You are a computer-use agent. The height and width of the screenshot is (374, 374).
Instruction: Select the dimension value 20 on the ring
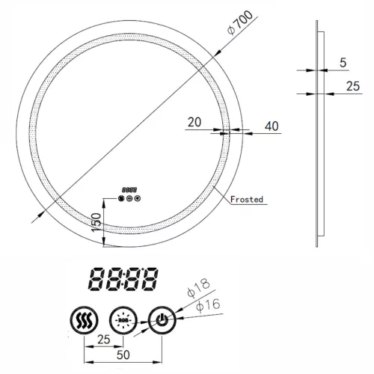[x=194, y=120]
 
